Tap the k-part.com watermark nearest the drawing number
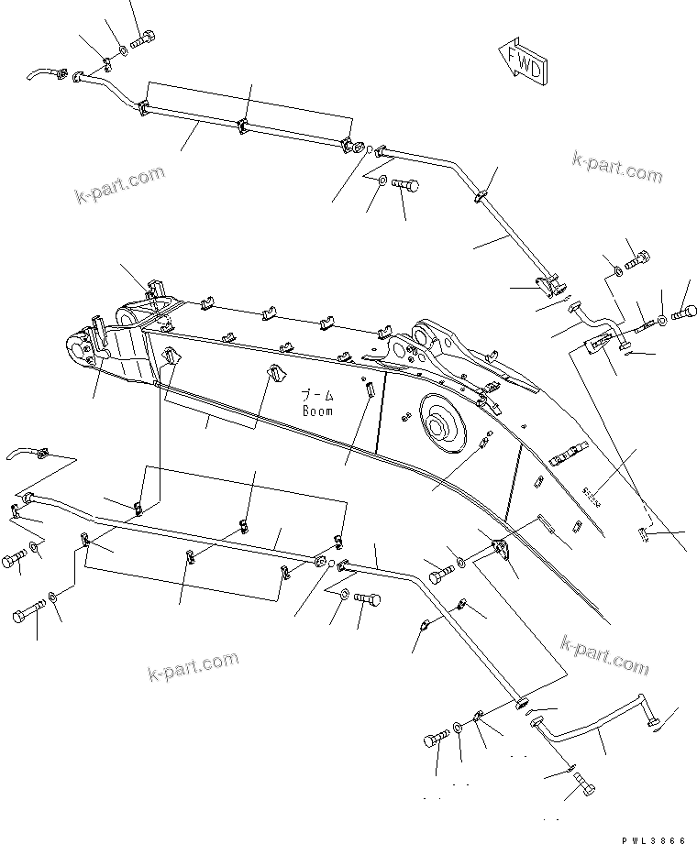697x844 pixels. (606, 654)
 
